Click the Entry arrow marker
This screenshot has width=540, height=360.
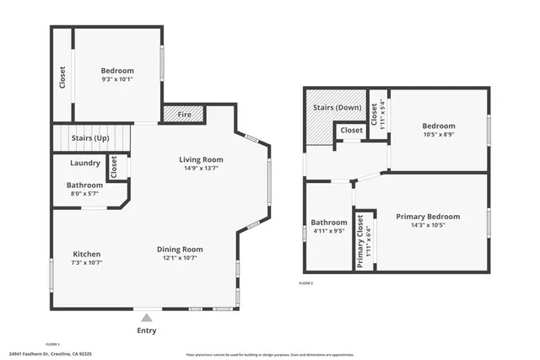[x=147, y=318]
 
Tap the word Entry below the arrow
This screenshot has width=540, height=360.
[x=147, y=330]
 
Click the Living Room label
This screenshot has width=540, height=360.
[x=201, y=159]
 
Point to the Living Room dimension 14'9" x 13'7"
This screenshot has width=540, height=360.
[x=201, y=168]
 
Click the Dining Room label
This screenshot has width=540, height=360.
[x=180, y=249]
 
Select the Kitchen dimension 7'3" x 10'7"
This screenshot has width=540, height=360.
[x=87, y=262]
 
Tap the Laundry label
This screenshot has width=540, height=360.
[x=85, y=163]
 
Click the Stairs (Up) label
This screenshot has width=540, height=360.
[x=89, y=137]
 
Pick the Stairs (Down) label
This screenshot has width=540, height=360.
[x=336, y=108]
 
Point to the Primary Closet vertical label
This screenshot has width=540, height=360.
[x=360, y=241]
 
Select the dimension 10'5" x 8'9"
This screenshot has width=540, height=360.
[x=438, y=134]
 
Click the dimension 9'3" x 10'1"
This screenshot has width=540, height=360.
[x=117, y=79]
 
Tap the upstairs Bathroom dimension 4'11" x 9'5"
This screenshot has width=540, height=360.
[x=329, y=231]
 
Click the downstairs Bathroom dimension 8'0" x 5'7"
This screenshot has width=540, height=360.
[x=84, y=193]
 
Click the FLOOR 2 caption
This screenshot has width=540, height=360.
[x=306, y=282]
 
